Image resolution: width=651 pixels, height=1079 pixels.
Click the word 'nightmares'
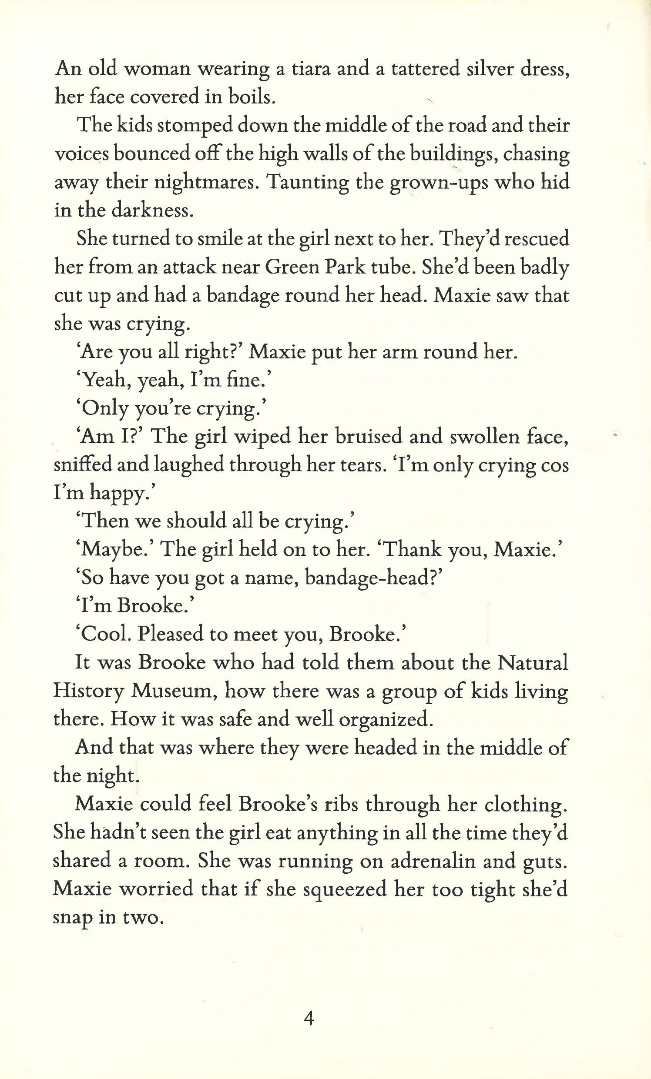coord(205,183)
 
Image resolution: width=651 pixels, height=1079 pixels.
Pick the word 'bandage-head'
coord(372,578)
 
